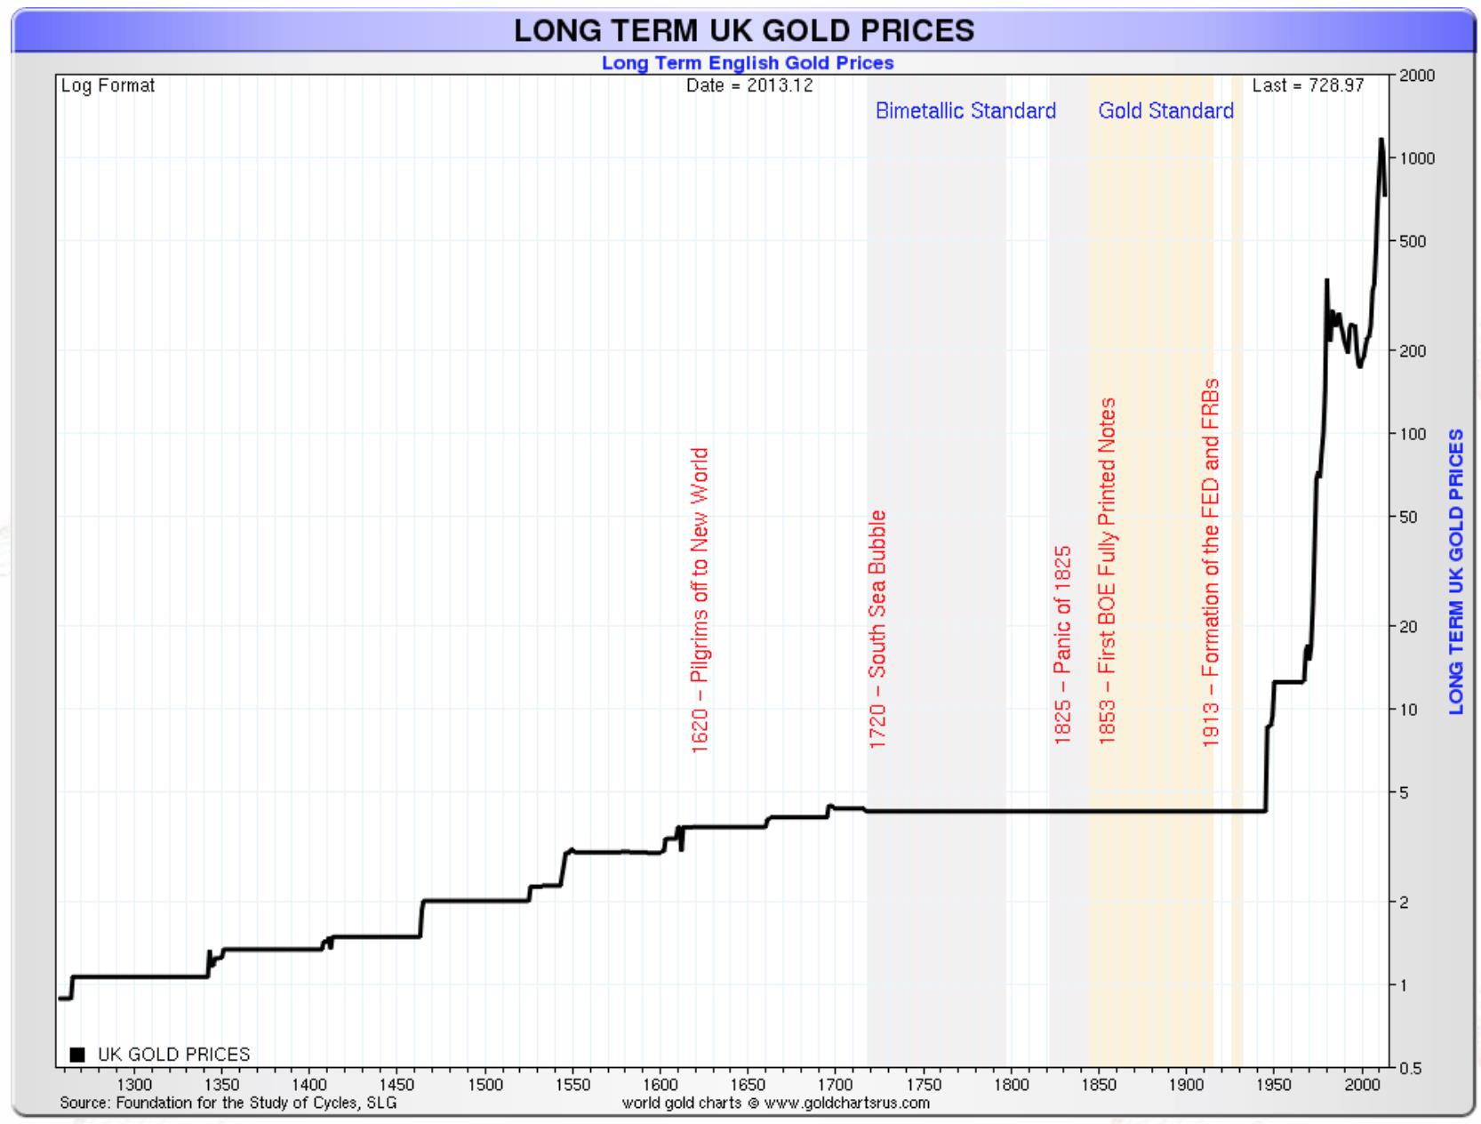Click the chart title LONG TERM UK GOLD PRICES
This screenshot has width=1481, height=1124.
coord(744,30)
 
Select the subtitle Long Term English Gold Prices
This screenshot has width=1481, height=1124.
coord(747,63)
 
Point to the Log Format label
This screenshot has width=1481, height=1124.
coord(108,86)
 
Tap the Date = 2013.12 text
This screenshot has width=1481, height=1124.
coord(749,86)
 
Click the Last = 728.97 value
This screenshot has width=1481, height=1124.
coord(1307,86)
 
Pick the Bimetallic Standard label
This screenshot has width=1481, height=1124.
coord(965,111)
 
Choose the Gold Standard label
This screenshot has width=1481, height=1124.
coord(1165,111)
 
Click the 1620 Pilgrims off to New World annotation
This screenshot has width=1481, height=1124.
coord(700,600)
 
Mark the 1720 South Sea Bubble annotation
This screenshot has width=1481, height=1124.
coord(877,630)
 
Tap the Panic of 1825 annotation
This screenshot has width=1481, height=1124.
coord(1062,645)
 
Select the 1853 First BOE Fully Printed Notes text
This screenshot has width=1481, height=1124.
coord(1107,571)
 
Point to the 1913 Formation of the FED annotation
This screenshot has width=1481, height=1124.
coord(1210,563)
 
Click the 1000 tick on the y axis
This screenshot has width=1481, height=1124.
coord(1417,159)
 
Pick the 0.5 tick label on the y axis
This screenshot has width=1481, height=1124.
coord(1410,1068)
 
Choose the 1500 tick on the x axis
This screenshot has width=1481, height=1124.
coord(485,1085)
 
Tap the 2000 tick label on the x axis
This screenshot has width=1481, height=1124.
coord(1362,1085)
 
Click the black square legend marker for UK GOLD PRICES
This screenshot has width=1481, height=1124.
coord(77,1055)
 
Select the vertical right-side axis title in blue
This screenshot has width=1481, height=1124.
coord(1456,571)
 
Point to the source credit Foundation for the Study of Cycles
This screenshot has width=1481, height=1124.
coord(228,1104)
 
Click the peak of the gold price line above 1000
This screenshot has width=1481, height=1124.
coord(1381,140)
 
